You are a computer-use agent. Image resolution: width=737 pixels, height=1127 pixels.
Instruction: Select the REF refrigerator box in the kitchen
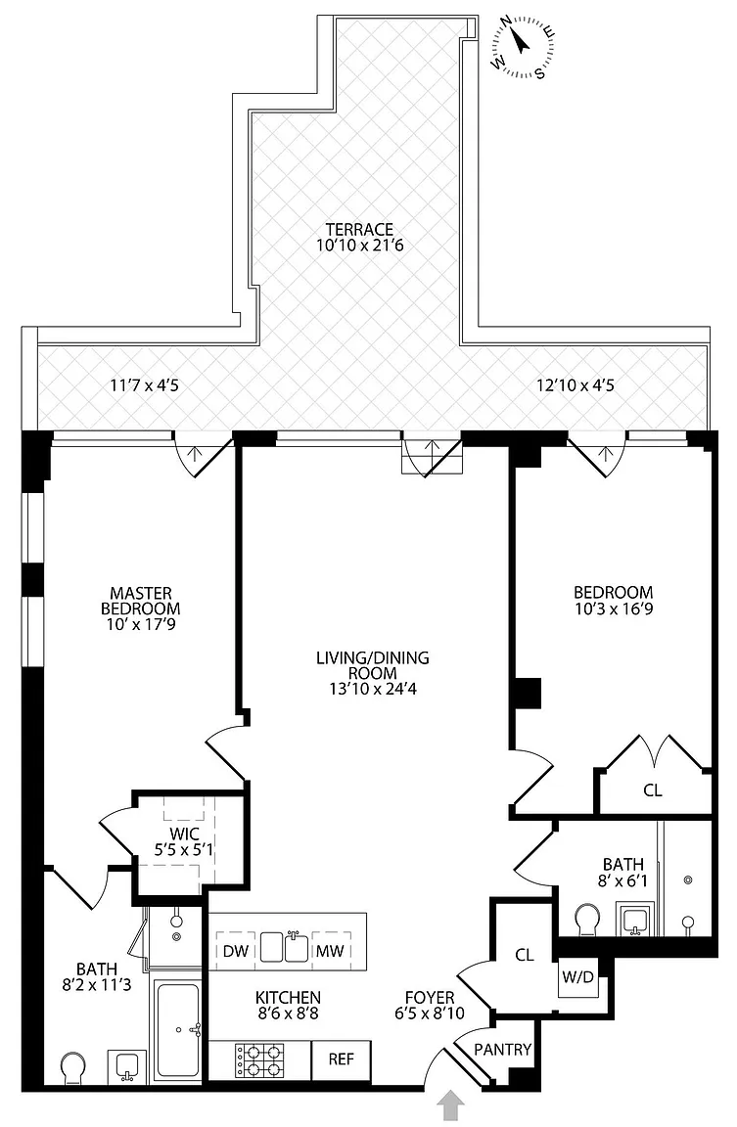[341, 1059]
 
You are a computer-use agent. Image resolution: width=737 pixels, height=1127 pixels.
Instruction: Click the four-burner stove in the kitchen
[259, 1059]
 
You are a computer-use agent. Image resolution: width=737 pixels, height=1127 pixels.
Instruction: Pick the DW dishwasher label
[233, 950]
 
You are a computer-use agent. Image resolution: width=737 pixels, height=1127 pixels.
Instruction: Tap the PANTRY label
[502, 1051]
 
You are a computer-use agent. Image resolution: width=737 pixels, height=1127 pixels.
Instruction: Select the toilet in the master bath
[73, 1068]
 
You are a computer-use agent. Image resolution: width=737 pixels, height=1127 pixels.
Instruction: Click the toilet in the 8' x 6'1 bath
[587, 920]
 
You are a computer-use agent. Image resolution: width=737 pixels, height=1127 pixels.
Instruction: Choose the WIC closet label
[184, 833]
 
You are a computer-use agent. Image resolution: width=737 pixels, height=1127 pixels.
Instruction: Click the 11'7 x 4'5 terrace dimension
[146, 384]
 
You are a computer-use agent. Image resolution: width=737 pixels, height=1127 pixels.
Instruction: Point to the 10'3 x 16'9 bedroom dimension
[613, 609]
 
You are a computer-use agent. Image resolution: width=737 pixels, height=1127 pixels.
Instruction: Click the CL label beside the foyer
[524, 955]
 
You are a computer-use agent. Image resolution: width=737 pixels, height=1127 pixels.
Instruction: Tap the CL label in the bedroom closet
[653, 790]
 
